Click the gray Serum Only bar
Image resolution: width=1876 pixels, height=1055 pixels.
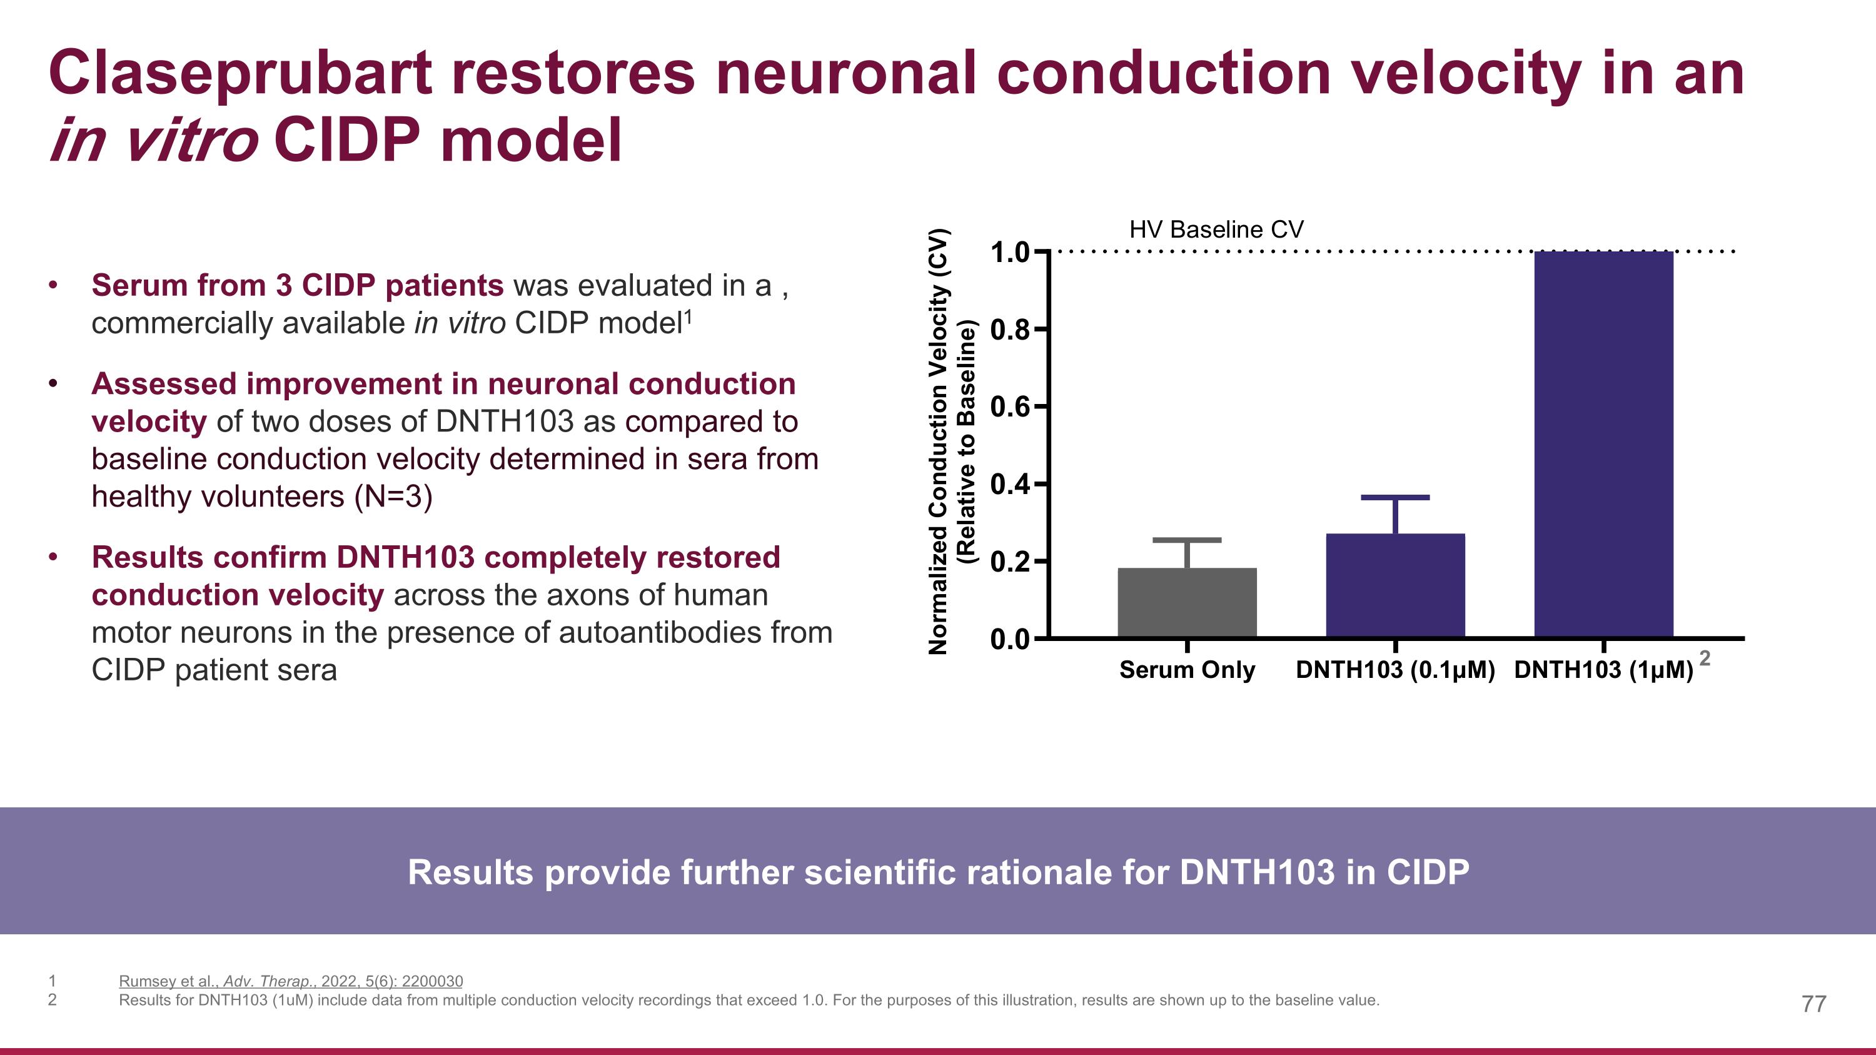(1187, 602)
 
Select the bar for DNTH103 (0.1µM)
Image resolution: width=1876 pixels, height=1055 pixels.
(1394, 585)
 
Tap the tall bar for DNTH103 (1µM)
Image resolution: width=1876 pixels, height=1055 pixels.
(1603, 444)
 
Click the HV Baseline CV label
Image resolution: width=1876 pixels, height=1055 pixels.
(1216, 230)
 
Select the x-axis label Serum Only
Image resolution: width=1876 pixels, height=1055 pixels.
(1186, 670)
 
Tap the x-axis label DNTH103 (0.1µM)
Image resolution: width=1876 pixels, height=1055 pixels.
(1394, 670)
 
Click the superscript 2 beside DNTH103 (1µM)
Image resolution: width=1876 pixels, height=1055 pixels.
(1704, 658)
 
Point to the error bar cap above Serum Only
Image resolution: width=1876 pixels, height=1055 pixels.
(1187, 540)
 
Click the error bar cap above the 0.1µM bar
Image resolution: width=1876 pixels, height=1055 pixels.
(1394, 497)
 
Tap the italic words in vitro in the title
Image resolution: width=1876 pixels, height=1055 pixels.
(154, 141)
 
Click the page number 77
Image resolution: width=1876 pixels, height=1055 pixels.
(1813, 1004)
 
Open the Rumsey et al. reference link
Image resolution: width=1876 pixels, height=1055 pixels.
(291, 981)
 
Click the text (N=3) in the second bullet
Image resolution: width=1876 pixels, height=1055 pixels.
(393, 497)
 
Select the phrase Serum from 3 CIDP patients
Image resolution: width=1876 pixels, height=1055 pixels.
(297, 285)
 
